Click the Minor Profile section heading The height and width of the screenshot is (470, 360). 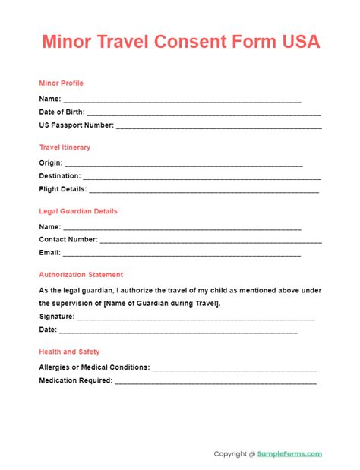pyautogui.click(x=62, y=84)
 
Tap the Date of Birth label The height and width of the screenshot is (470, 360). pyautogui.click(x=68, y=112)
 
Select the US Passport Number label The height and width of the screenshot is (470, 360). pyautogui.click(x=77, y=125)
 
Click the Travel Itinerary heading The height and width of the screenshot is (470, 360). pyautogui.click(x=65, y=147)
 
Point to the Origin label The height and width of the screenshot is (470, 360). pyautogui.click(x=52, y=162)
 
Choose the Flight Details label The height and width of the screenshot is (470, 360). pyautogui.click(x=63, y=189)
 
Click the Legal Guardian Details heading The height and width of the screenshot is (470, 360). pyautogui.click(x=78, y=211)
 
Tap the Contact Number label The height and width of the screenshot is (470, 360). pyautogui.click(x=68, y=240)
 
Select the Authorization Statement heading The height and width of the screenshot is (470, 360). pyautogui.click(x=81, y=275)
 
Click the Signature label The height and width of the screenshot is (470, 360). pyautogui.click(x=57, y=317)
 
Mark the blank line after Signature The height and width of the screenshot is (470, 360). pyautogui.click(x=197, y=318)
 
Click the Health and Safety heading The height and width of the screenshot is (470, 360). pyautogui.click(x=69, y=352)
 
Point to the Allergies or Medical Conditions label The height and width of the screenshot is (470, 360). pyautogui.click(x=94, y=367)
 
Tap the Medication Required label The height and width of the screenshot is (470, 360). pyautogui.click(x=75, y=381)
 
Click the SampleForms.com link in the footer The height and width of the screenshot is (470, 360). pyautogui.click(x=290, y=454)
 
